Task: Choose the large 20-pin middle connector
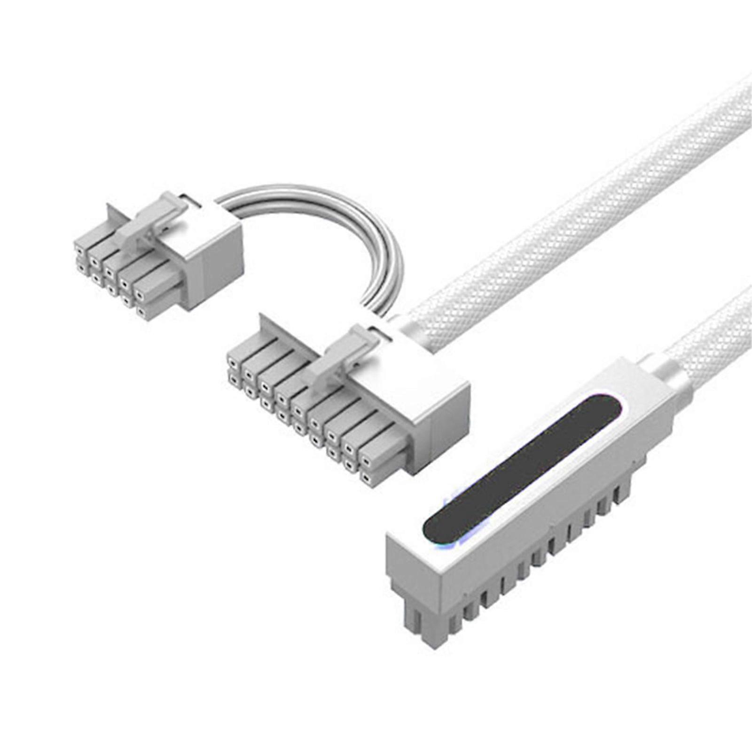pyautogui.click(x=348, y=404)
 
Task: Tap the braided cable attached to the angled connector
pyautogui.click(x=714, y=338)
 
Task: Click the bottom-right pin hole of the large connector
pyautogui.click(x=367, y=480)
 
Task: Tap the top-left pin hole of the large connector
pyautogui.click(x=232, y=362)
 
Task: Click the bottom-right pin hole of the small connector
pyautogui.click(x=141, y=311)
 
